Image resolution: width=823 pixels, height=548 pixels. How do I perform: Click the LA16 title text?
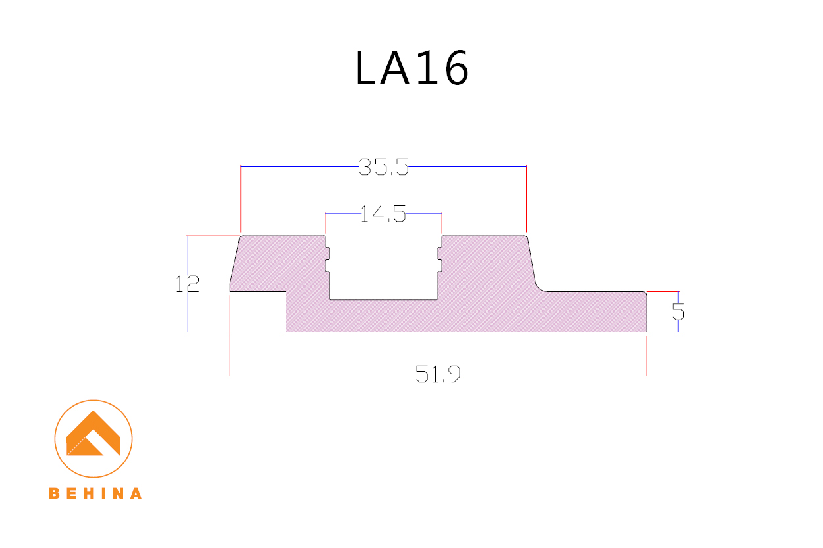(x=411, y=68)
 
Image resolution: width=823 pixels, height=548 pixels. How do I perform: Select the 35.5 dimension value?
(x=384, y=168)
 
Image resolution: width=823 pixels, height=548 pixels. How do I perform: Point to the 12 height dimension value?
(x=188, y=284)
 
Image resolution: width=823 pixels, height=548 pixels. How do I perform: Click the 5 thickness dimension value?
(x=678, y=311)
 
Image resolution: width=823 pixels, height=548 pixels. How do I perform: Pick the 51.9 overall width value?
(x=438, y=375)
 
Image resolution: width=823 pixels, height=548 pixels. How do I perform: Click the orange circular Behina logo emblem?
(x=93, y=438)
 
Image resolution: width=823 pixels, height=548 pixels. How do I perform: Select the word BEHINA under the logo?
(x=95, y=493)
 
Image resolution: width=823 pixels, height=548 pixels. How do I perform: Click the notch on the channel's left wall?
(x=327, y=259)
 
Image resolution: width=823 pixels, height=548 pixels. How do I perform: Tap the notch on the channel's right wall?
(x=439, y=259)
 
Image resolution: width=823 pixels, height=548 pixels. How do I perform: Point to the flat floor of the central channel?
(x=383, y=299)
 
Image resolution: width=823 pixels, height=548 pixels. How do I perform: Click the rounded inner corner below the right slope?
(x=540, y=287)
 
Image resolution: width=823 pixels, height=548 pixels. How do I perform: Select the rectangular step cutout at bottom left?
(x=257, y=312)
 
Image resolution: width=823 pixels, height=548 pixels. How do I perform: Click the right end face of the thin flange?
(x=647, y=312)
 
